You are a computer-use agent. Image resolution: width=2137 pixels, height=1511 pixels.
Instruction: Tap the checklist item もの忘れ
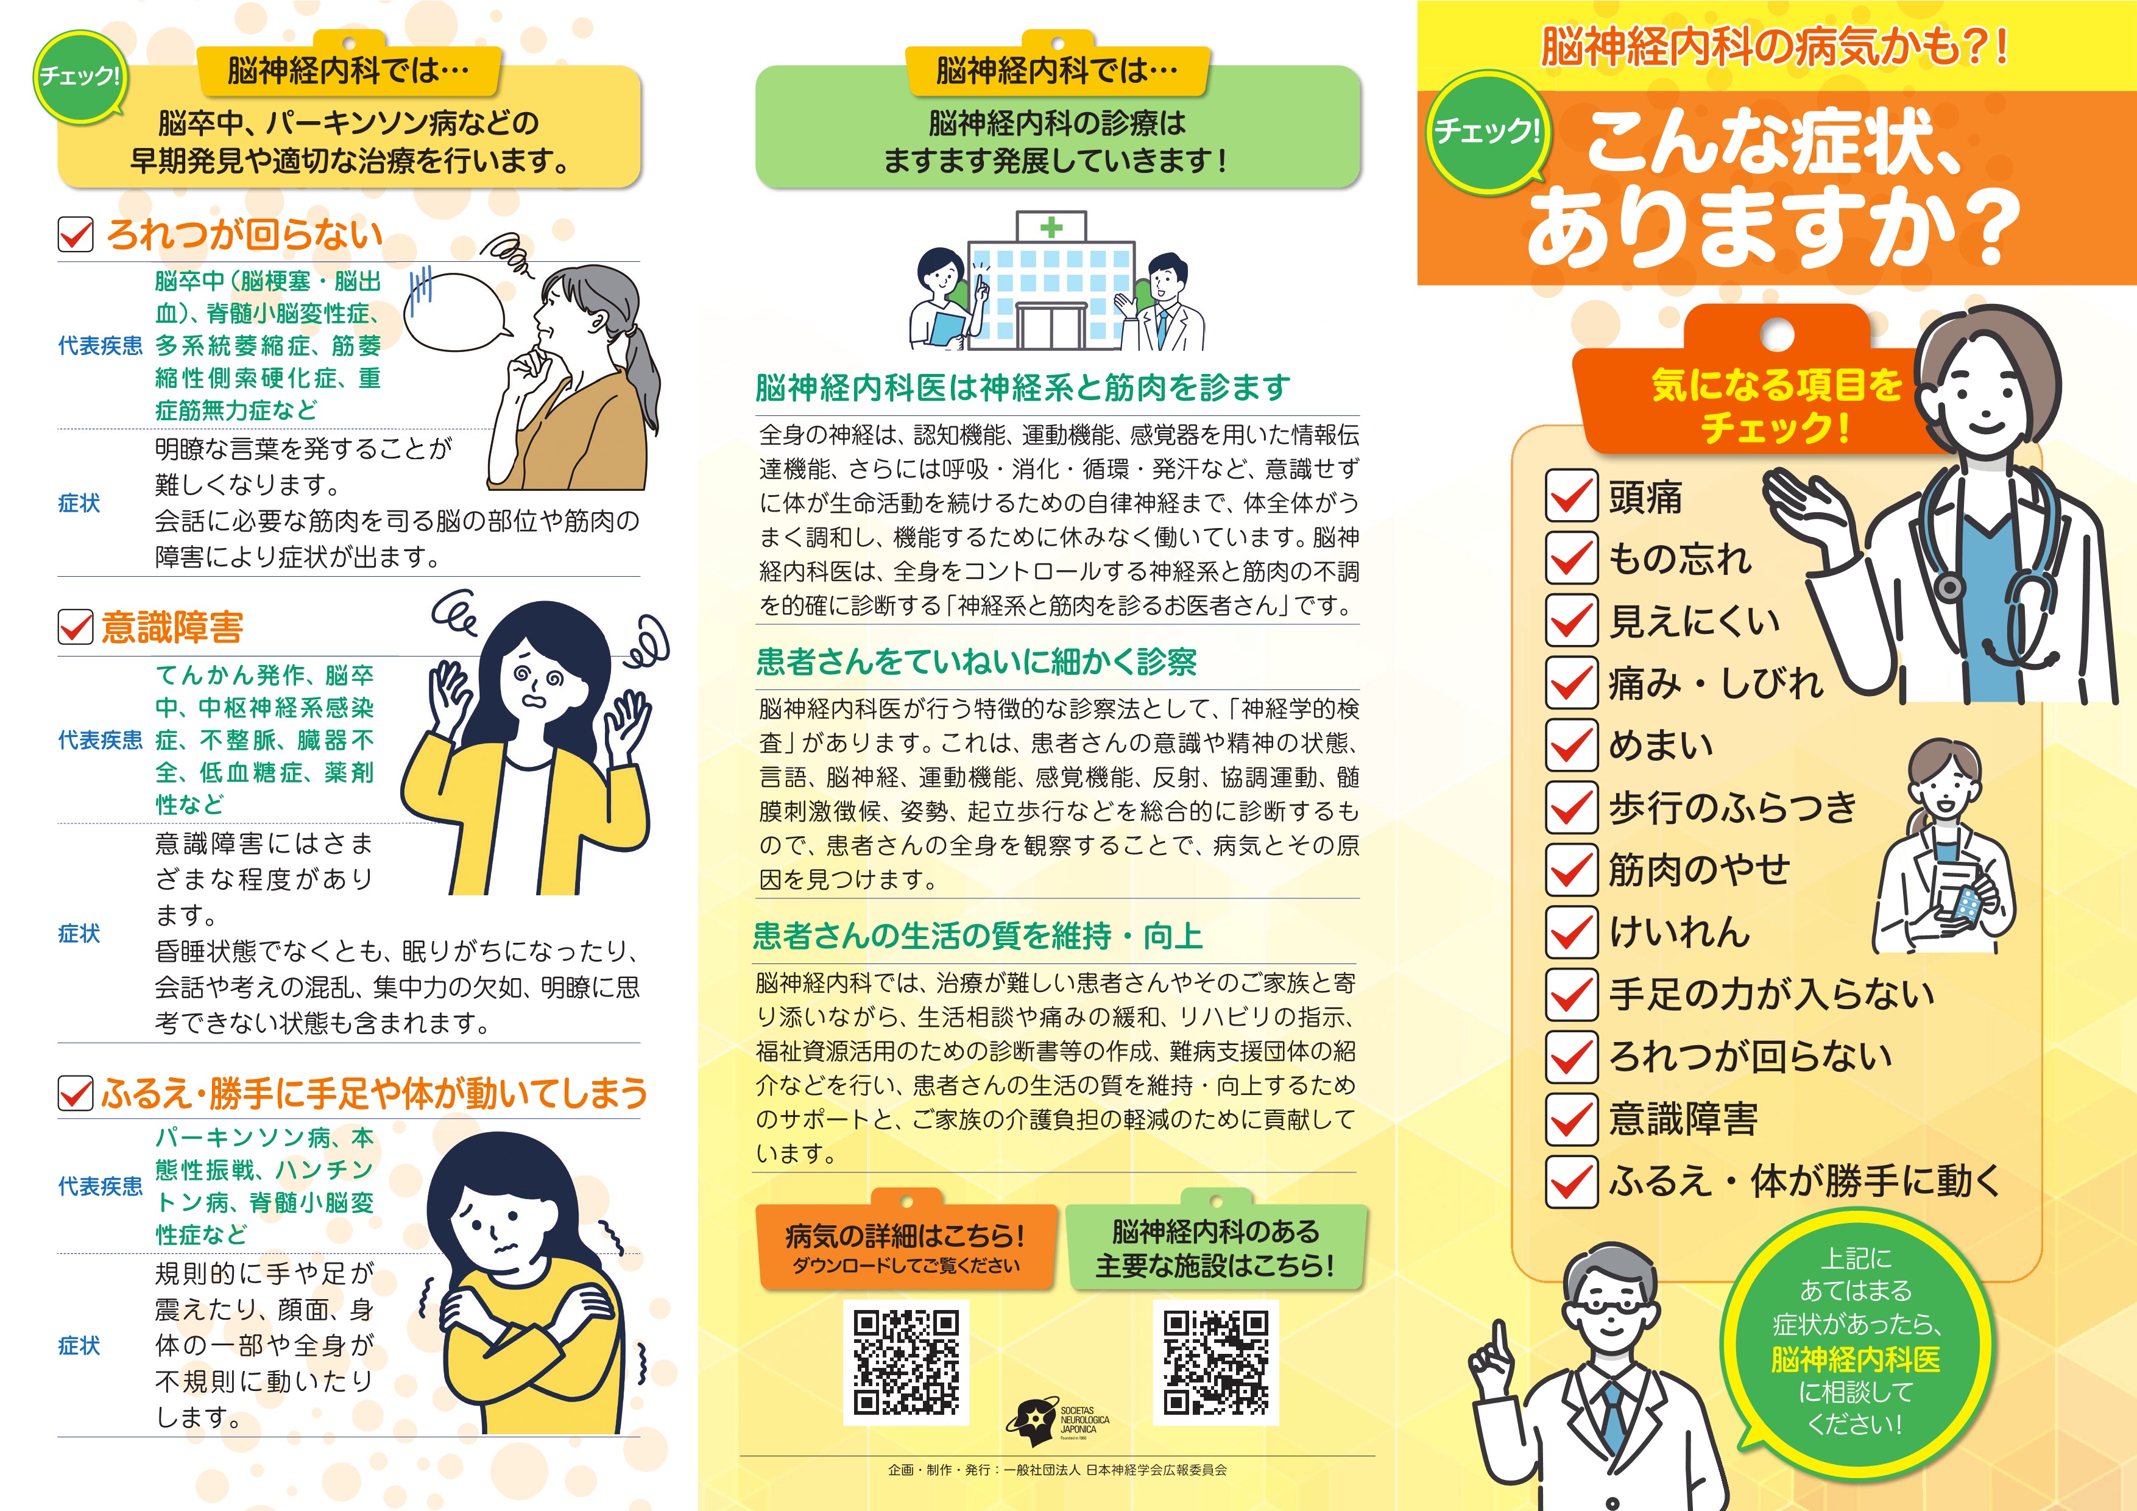tap(1680, 558)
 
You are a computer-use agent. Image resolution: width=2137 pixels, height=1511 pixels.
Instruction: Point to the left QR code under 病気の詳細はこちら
tap(906, 1362)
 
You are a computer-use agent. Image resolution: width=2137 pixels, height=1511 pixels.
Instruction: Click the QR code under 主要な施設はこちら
tap(1215, 1362)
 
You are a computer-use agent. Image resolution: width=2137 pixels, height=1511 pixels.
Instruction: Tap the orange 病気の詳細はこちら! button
tap(906, 1246)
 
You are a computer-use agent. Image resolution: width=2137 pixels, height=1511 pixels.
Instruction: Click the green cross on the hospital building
tap(1051, 227)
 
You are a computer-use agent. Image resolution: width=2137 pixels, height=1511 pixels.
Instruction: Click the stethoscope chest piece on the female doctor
tap(1949, 586)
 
